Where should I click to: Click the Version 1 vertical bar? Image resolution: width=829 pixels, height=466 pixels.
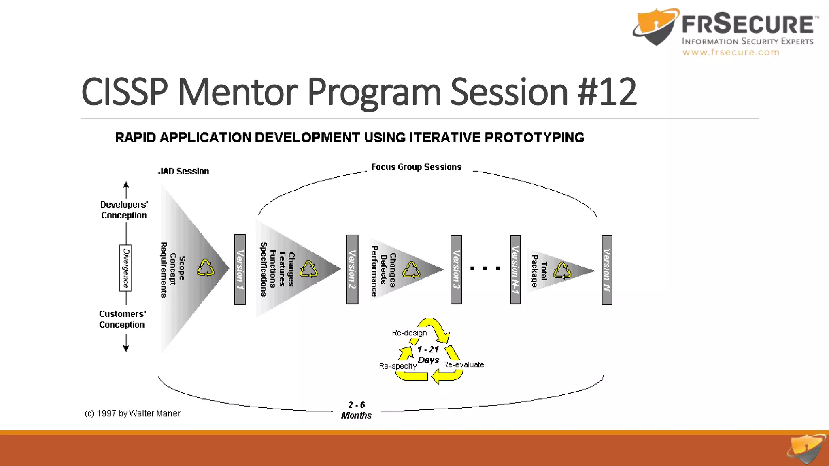coord(240,269)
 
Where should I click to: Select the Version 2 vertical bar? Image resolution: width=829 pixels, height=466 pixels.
coord(352,269)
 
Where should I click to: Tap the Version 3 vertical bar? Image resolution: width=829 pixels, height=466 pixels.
coord(456,269)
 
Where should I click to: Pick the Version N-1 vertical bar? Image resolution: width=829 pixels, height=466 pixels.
coord(515,269)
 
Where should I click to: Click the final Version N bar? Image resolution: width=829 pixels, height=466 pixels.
coord(607,270)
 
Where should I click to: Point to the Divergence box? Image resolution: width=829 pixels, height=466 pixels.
coord(125,268)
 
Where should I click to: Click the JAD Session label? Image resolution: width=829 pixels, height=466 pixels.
coord(183,171)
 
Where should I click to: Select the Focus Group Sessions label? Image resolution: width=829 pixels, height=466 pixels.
coord(416,167)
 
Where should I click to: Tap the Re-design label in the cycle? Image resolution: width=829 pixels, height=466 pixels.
coord(409,333)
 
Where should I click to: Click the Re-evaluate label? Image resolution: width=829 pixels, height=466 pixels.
coord(463,364)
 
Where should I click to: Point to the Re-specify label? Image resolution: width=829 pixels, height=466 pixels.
coord(397,366)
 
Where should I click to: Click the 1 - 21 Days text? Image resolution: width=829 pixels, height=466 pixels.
coord(428,355)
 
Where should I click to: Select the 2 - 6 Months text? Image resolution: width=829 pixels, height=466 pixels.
coord(356,410)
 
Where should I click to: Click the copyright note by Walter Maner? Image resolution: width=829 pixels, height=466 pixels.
coord(132,413)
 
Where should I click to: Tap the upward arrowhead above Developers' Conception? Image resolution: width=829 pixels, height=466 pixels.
coord(126,185)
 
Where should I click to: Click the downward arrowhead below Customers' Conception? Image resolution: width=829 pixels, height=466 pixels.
coord(126,348)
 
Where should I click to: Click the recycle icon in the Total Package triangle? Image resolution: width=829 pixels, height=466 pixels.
coord(562,271)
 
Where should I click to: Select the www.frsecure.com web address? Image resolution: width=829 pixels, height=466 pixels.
coord(731,52)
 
